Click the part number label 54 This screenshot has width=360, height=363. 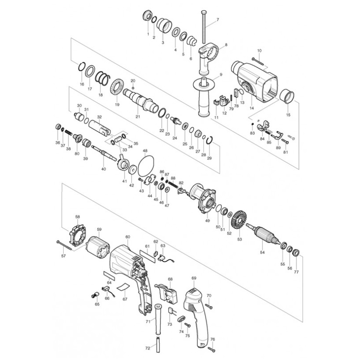[262, 252]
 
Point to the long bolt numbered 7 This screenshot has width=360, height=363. [203, 27]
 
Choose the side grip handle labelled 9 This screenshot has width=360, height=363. [203, 97]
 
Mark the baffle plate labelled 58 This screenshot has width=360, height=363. [78, 236]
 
